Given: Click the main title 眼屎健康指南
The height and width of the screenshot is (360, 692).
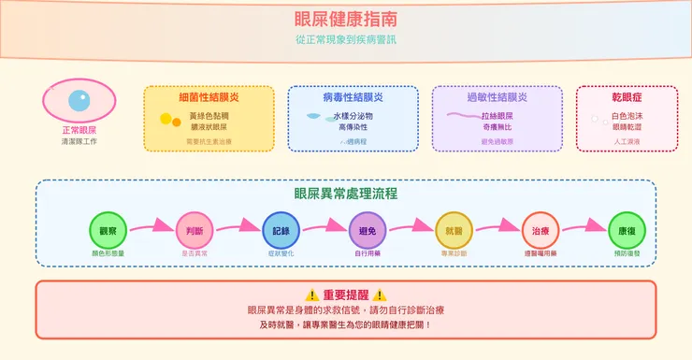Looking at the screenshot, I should point(345,19).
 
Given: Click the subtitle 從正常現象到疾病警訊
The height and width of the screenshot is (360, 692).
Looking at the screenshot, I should point(345,40).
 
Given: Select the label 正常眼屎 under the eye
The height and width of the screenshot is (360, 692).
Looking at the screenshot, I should point(79,130).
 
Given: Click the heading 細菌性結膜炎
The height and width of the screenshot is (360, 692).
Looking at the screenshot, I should point(209,97).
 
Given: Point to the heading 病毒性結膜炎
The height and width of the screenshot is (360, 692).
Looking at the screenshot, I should point(353,97).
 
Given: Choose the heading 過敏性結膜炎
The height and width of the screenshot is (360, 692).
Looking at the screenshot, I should point(497,97).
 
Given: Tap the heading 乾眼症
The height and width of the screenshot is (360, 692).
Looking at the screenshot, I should point(627,97).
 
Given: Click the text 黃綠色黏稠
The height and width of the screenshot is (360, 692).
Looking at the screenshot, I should point(209,116).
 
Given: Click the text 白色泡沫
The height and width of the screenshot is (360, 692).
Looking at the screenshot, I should point(627,116).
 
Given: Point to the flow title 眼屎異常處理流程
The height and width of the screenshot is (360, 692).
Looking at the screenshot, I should point(345,194).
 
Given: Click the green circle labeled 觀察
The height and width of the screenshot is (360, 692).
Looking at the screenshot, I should point(108,231).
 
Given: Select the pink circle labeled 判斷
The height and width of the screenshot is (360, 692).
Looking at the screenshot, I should point(195,231).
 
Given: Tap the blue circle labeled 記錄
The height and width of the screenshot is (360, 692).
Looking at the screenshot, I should point(281,231).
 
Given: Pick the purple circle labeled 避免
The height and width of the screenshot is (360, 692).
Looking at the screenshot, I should point(368,231).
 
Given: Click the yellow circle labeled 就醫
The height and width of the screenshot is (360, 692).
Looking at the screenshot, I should point(454,231).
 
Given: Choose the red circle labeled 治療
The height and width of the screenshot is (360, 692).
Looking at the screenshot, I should point(541,231).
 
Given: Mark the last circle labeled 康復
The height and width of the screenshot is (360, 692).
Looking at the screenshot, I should point(627,231).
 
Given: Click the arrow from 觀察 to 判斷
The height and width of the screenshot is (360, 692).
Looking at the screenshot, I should point(151,227).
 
